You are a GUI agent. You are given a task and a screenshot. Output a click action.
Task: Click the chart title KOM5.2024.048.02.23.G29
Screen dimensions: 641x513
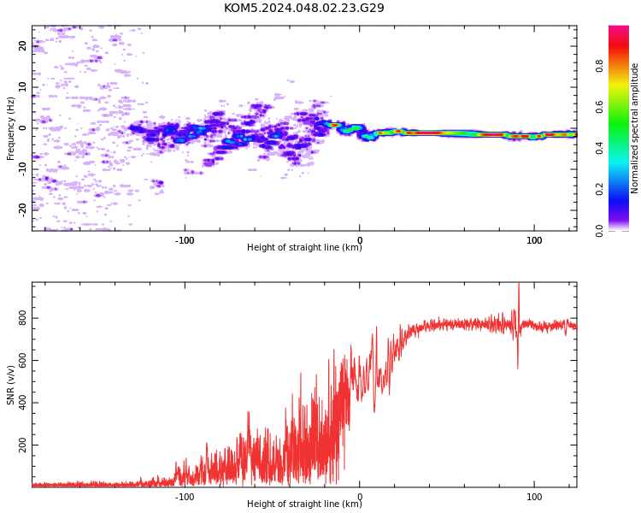pos(303,8)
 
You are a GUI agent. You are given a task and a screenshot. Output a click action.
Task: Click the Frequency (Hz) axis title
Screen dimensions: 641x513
pos(10,128)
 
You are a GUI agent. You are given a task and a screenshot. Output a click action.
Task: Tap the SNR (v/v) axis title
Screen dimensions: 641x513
pos(10,385)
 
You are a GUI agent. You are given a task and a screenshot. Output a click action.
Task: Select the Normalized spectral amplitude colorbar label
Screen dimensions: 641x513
pos(634,128)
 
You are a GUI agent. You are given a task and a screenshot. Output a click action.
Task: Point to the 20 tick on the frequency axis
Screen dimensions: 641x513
pos(22,45)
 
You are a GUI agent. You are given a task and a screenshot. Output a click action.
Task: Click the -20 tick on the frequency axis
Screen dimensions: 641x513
pos(22,210)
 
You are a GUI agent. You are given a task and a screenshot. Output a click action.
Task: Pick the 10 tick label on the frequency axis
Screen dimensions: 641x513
pos(22,86)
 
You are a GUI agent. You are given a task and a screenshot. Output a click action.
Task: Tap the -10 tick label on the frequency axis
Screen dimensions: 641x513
pos(22,169)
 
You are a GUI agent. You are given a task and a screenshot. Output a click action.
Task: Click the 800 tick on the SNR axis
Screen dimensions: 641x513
pos(22,318)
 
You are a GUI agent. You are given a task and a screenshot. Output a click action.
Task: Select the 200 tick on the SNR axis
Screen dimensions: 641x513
pos(22,445)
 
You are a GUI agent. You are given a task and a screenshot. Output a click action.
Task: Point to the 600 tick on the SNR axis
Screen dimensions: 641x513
pos(22,361)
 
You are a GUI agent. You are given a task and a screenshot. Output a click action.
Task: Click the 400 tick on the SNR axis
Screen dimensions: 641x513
pos(22,403)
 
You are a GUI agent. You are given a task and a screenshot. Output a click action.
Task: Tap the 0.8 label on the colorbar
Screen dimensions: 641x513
pos(599,66)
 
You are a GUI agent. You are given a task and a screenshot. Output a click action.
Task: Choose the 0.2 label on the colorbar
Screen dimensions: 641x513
pos(599,189)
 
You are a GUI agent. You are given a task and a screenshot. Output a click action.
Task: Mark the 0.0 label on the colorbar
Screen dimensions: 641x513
pos(599,231)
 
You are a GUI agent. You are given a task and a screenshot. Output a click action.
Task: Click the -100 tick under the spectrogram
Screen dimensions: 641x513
pos(185,240)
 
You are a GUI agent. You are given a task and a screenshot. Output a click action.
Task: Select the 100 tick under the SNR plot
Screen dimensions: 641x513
pos(534,497)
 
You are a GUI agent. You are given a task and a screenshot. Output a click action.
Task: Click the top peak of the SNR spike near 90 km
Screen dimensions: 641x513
pos(519,283)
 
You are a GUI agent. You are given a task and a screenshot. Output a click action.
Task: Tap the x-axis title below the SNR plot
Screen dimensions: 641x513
pos(304,504)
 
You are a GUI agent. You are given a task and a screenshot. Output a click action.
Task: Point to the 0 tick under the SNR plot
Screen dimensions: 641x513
pos(360,497)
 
